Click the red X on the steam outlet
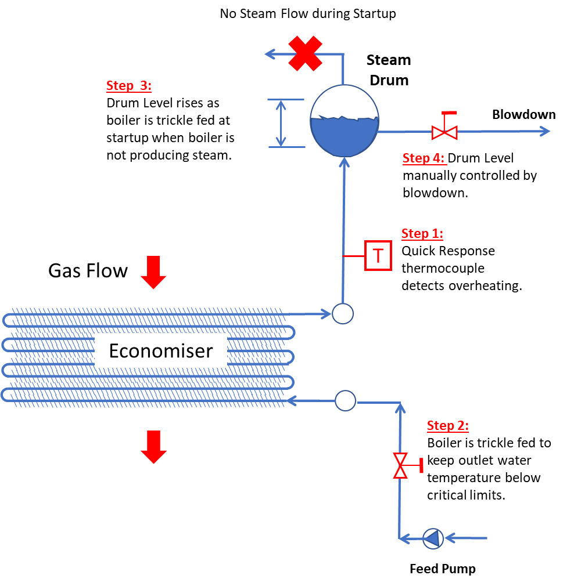306,54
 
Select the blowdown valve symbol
444,132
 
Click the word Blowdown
523,114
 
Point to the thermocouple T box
378,255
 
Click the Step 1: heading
422,234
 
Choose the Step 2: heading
447,426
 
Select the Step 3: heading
128,86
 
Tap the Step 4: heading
424,158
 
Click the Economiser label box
161,350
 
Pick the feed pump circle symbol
432,538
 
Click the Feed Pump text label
442,569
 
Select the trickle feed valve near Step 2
400,465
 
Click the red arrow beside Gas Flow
154,273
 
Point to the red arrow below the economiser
154,447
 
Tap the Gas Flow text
88,270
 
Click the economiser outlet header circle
342,314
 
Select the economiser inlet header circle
346,400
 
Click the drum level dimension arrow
281,123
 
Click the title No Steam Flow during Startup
307,13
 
